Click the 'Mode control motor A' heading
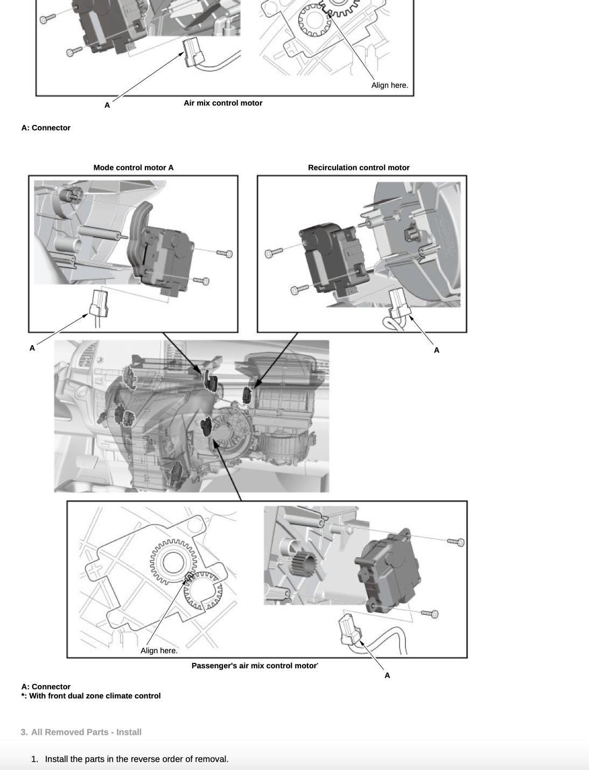pyautogui.click(x=134, y=167)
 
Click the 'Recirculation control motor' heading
pyautogui.click(x=359, y=167)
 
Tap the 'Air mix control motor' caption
pyautogui.click(x=223, y=103)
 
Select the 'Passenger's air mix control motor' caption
pyautogui.click(x=254, y=666)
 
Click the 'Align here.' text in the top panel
pyautogui.click(x=389, y=85)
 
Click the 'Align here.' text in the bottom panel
pyautogui.click(x=159, y=650)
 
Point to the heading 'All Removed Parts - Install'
pyautogui.click(x=86, y=732)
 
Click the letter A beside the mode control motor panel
pyautogui.click(x=32, y=348)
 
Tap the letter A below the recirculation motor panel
pyautogui.click(x=437, y=350)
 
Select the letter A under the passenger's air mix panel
pyautogui.click(x=387, y=675)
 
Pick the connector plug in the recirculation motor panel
pyautogui.click(x=399, y=303)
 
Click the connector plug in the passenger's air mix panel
pyautogui.click(x=349, y=629)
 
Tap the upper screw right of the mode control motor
pyautogui.click(x=225, y=253)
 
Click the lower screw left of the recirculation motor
pyautogui.click(x=300, y=290)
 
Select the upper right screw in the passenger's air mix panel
pyautogui.click(x=457, y=542)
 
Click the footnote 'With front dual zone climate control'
pyautogui.click(x=95, y=696)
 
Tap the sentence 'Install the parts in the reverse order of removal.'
pyautogui.click(x=137, y=759)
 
